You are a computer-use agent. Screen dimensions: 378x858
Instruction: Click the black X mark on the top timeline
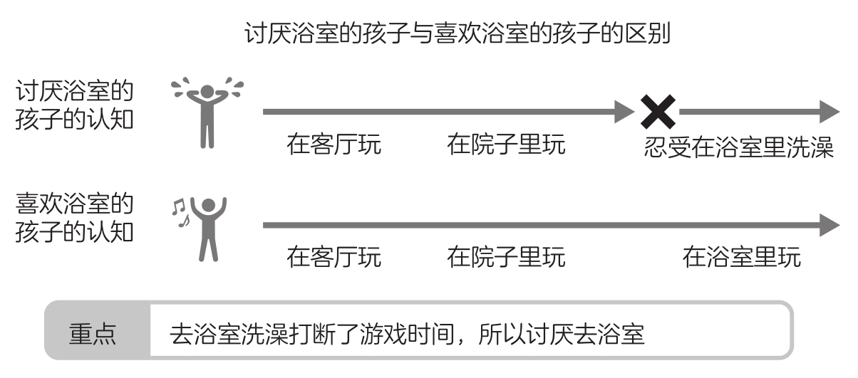click(658, 111)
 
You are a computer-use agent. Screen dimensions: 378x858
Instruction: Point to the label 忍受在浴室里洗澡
click(738, 147)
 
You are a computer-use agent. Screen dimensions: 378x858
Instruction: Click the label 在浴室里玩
click(741, 256)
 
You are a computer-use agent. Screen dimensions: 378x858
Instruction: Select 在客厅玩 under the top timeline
click(334, 145)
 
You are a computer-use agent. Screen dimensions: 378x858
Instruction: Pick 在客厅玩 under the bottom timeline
click(334, 256)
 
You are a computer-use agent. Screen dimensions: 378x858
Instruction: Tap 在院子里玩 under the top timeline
click(506, 145)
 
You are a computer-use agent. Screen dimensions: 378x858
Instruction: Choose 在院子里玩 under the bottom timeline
click(506, 256)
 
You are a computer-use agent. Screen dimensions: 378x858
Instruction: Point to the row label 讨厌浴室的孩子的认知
click(74, 106)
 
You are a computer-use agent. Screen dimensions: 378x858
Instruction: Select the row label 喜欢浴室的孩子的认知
click(74, 219)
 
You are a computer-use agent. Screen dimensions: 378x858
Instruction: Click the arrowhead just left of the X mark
click(624, 111)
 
